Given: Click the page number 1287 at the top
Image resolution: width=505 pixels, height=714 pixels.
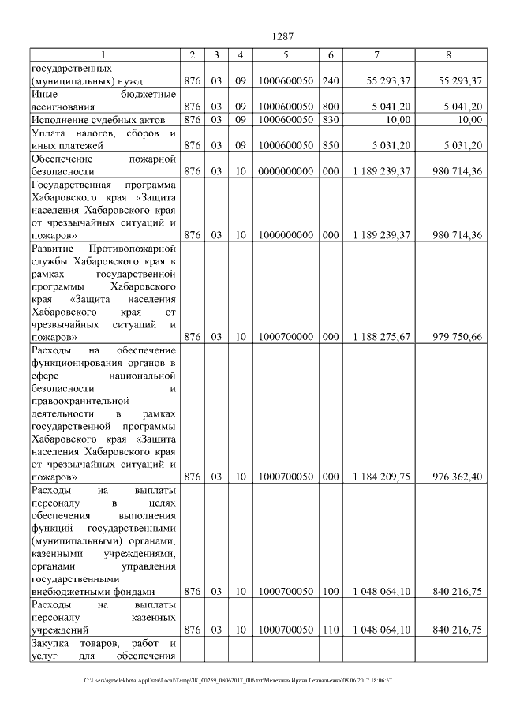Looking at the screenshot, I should click(282, 36).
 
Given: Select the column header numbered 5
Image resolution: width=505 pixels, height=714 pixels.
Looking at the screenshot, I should click(286, 54).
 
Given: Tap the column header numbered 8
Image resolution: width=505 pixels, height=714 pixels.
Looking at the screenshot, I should click(448, 54).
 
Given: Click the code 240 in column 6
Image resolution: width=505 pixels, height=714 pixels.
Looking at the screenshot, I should click(331, 80).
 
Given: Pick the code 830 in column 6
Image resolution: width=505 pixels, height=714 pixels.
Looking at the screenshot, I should click(331, 119).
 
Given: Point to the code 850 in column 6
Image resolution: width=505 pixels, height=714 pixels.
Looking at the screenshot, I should click(331, 145).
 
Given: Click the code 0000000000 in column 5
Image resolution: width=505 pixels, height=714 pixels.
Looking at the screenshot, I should click(286, 170).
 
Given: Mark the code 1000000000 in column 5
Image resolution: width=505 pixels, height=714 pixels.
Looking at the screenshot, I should click(286, 235).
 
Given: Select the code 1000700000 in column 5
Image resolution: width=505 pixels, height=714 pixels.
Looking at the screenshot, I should click(286, 337).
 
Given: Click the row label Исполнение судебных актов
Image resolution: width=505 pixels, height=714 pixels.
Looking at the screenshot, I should click(91, 119).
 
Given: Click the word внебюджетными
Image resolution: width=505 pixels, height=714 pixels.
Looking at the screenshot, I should click(69, 591).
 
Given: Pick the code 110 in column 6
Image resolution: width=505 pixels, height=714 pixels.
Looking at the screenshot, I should click(331, 630).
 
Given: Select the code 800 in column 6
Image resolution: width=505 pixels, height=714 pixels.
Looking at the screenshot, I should click(331, 106).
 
